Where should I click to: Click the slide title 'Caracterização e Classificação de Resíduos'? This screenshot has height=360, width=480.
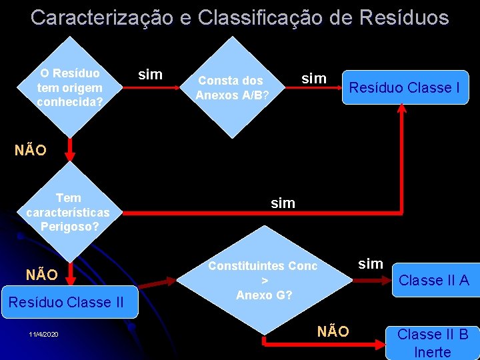point(239,17)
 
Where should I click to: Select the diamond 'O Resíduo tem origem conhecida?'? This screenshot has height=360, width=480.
point(70,87)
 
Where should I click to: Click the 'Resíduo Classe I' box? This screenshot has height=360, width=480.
point(405,87)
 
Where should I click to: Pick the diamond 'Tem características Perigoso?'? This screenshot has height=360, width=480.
point(69,212)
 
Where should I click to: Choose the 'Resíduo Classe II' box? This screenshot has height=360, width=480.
point(66,302)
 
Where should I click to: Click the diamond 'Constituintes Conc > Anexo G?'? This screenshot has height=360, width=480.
point(263,280)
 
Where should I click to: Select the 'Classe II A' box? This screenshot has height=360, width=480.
point(433,280)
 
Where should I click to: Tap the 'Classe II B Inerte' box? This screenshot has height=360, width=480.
point(432,343)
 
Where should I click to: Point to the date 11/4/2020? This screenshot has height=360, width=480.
point(44,333)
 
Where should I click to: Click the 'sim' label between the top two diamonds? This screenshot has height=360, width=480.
point(150,74)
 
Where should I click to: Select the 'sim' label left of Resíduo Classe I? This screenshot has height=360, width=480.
point(313,79)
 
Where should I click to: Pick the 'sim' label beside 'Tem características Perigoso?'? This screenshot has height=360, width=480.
point(283,203)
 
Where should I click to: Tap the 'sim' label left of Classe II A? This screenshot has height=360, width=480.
point(371,263)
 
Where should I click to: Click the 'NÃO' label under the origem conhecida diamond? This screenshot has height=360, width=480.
point(31,150)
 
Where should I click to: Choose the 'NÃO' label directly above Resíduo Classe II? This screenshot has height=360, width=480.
point(41,274)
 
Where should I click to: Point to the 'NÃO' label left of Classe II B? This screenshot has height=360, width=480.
point(333,331)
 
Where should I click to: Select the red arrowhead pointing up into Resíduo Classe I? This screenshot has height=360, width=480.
point(402,112)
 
